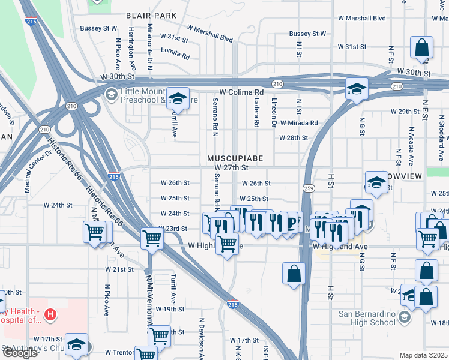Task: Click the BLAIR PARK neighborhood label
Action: (151, 15)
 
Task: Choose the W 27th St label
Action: (231, 168)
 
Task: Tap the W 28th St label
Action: (293, 138)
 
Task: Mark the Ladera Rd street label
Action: (256, 113)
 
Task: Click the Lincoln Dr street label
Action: (274, 113)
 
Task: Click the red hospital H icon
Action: (51, 314)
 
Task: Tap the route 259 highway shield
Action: (307, 188)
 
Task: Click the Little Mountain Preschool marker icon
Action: (110, 94)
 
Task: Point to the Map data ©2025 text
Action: (424, 355)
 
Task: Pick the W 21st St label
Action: (119, 269)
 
